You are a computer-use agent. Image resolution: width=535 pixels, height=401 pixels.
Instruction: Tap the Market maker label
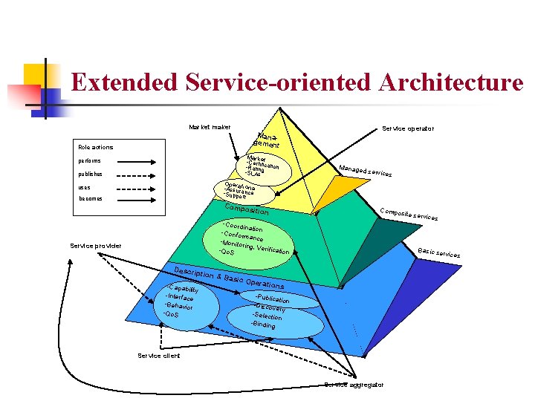210,128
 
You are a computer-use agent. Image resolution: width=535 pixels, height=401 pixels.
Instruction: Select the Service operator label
408,128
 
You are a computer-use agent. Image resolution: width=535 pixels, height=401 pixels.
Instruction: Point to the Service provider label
96,246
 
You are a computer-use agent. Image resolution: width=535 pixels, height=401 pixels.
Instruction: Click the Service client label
159,356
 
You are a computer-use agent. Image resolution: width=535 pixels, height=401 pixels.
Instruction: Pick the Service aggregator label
354,384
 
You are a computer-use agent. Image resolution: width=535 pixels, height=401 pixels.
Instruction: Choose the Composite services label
408,214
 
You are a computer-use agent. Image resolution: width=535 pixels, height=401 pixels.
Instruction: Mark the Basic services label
438,253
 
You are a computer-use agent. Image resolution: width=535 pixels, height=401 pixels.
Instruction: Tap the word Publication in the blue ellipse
278,299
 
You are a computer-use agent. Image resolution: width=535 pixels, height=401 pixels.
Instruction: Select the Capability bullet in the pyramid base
184,290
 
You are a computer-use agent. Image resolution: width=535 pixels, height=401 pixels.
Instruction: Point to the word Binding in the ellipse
264,325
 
